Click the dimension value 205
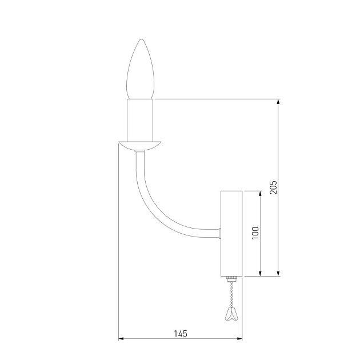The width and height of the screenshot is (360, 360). (x=274, y=187)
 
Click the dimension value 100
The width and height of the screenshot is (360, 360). (x=255, y=233)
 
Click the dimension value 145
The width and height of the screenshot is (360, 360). (x=181, y=334)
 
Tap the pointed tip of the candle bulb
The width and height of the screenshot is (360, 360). (x=142, y=39)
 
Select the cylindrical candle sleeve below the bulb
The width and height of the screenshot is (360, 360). (x=140, y=120)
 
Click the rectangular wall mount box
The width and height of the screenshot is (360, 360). (x=231, y=234)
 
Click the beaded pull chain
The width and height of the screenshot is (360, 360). (x=231, y=294)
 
